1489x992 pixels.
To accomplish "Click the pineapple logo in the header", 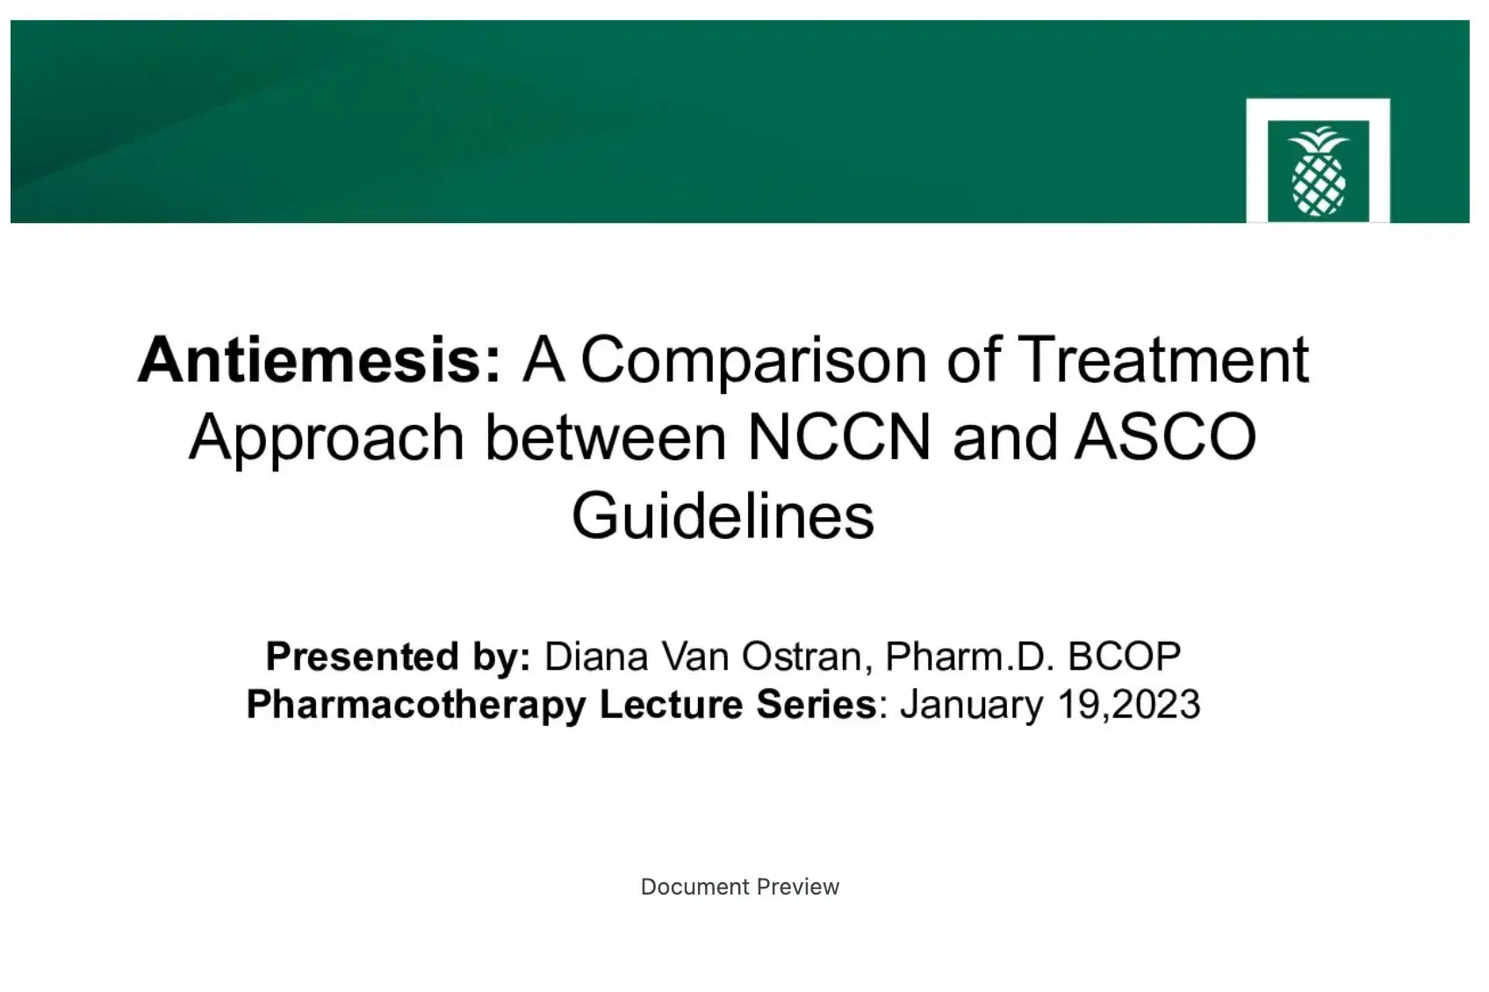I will click(1318, 171).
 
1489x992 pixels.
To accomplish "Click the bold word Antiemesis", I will click(319, 360).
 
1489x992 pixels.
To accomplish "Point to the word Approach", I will click(326, 438).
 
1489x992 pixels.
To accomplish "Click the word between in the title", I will click(606, 438).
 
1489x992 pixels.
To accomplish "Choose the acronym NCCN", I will click(838, 438).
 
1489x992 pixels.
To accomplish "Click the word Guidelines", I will click(723, 515).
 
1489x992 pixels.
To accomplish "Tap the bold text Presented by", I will click(398, 657).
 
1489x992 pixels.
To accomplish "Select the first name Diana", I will click(596, 657).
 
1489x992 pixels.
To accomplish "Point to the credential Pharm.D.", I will click(968, 657).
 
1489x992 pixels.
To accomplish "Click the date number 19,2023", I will click(1127, 705).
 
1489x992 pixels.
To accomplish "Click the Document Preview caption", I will click(740, 887).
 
